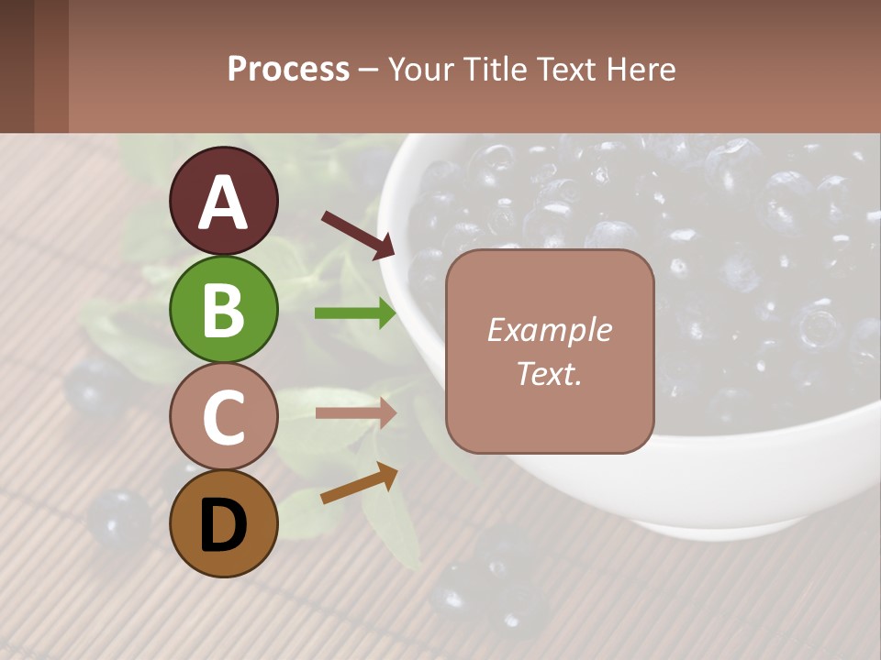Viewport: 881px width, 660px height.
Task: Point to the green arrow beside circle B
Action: click(x=355, y=313)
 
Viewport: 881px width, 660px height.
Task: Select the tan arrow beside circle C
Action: click(x=355, y=413)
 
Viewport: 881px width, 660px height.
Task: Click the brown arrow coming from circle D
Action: click(x=359, y=483)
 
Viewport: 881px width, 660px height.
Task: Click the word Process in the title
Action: click(x=288, y=70)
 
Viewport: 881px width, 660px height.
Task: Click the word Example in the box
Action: click(x=549, y=330)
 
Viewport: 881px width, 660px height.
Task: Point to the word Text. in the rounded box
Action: click(x=549, y=373)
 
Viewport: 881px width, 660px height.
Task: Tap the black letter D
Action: click(x=223, y=526)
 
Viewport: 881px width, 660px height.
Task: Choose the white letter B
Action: click(x=223, y=310)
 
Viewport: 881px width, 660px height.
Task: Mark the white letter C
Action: click(x=223, y=418)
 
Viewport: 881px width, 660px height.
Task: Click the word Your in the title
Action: click(x=420, y=70)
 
